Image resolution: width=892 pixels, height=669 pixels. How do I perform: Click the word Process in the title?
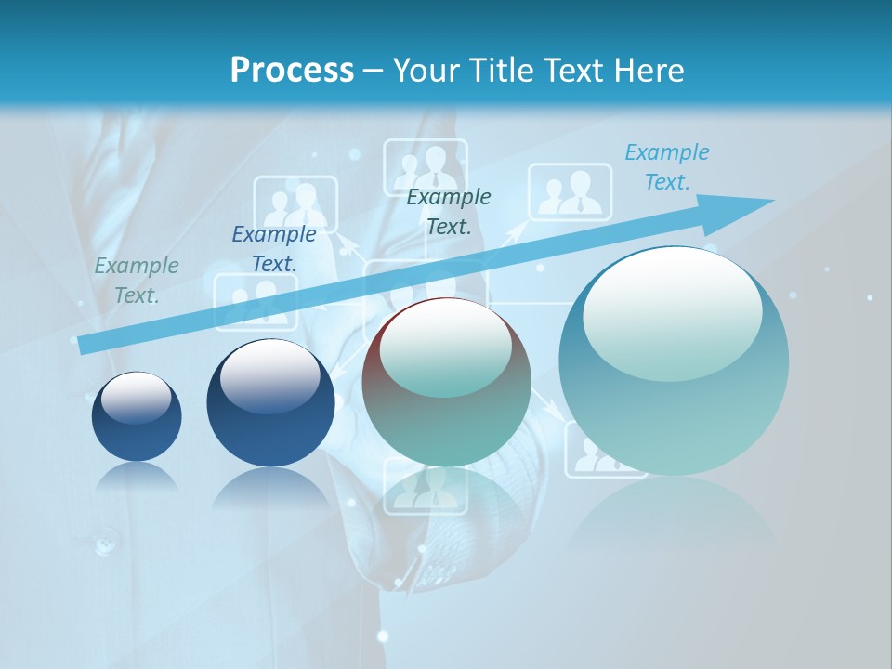pyautogui.click(x=292, y=70)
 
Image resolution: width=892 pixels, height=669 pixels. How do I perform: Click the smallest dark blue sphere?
pyautogui.click(x=137, y=416)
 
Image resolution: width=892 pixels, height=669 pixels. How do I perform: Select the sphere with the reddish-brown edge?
pyautogui.click(x=447, y=381)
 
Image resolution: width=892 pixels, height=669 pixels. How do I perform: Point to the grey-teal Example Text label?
pyautogui.click(x=136, y=281)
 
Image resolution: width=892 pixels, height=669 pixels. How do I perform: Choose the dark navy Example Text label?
pyautogui.click(x=273, y=249)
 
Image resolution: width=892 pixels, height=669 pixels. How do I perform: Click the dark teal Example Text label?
pyautogui.click(x=449, y=211)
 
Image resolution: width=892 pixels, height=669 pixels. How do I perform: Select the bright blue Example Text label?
pyautogui.click(x=666, y=167)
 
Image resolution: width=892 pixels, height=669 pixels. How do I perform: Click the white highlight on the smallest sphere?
pyautogui.click(x=137, y=397)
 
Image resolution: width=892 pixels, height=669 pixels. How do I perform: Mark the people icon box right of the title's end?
pyautogui.click(x=571, y=192)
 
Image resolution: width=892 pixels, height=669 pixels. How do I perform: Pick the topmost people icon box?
pyautogui.click(x=426, y=167)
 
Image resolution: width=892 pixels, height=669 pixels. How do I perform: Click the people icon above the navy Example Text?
pyautogui.click(x=295, y=203)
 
